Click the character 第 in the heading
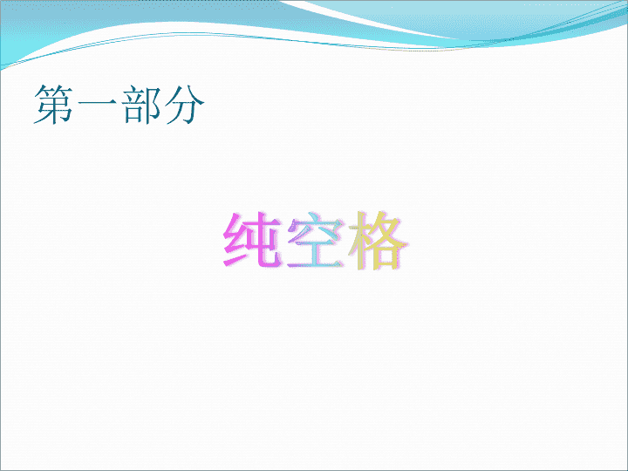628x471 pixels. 54,104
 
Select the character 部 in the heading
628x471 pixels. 141,104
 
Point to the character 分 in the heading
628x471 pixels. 184,104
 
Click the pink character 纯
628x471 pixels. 251,240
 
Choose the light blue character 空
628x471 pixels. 316,242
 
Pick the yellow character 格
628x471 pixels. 378,240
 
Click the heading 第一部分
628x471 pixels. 119,104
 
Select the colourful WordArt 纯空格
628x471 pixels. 315,240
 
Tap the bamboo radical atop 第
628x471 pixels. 54,91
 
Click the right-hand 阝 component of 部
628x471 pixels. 153,105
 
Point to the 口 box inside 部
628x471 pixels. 133,115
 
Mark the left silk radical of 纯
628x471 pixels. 234,240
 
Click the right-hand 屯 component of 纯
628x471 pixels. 263,240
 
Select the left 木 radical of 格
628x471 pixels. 358,240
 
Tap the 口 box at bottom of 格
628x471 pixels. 386,256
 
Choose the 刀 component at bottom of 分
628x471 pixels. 185,114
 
